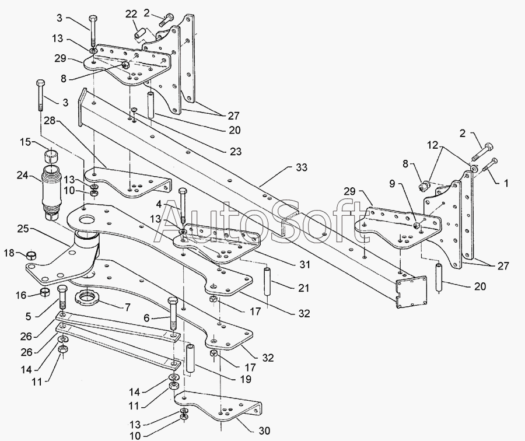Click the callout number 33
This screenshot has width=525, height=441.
(302, 167)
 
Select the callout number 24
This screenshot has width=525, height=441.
(23, 174)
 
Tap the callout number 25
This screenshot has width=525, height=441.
(23, 229)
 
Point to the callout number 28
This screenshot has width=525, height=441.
(50, 121)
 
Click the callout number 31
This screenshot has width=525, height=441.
(304, 264)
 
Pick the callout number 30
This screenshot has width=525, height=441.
(264, 430)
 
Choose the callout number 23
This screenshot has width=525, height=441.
(236, 151)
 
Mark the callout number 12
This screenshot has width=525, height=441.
(432, 145)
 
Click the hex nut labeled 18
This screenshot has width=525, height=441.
(32, 256)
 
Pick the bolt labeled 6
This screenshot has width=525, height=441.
(173, 313)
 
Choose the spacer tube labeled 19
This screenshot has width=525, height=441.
(190, 358)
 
